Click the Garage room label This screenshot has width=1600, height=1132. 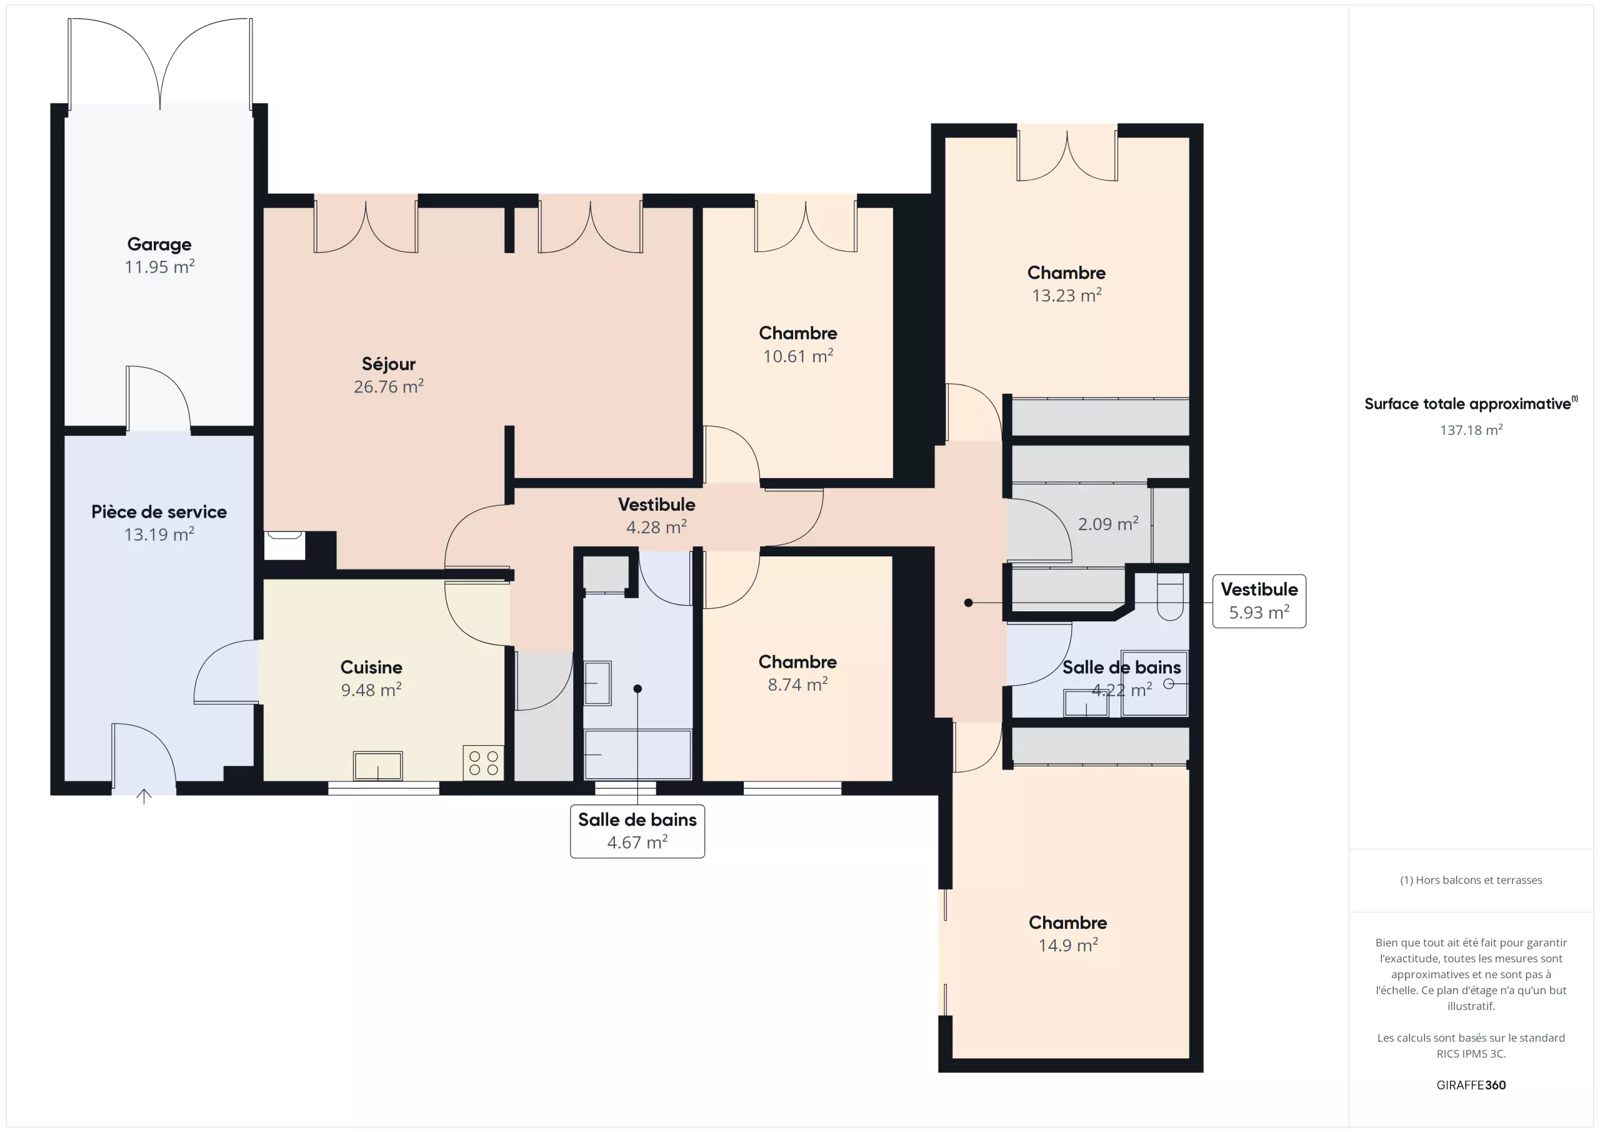click(x=159, y=244)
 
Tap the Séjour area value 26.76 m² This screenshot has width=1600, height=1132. click(x=389, y=386)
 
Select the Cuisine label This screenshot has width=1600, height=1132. click(x=371, y=667)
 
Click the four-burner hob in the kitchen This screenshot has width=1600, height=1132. click(x=484, y=763)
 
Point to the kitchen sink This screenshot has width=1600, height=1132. click(x=377, y=765)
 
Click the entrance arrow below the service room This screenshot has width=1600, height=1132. click(x=144, y=796)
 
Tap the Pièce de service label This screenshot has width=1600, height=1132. click(x=159, y=512)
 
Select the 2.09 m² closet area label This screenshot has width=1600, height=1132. click(x=1108, y=523)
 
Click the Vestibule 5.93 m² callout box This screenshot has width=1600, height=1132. click(x=1259, y=601)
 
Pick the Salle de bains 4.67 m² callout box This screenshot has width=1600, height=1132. click(x=637, y=831)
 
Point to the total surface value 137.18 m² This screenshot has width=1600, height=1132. click(x=1471, y=429)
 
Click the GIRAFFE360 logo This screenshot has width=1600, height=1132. click(x=1471, y=1084)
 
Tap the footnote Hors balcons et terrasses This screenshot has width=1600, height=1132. click(x=1471, y=879)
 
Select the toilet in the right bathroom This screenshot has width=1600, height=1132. click(x=1170, y=597)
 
